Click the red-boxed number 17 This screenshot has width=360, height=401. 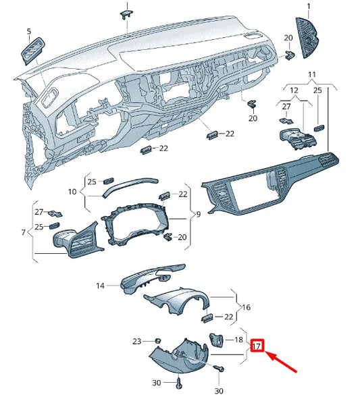257,347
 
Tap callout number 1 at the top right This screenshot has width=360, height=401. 309,6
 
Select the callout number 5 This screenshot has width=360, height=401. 29,31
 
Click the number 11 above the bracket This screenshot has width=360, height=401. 312,74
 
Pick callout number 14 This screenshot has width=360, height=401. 100,286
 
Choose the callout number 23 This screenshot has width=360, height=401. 137,341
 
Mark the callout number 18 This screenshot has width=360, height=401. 237,340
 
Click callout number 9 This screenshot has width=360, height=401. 198,214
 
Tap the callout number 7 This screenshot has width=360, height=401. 23,233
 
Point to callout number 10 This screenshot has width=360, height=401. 74,192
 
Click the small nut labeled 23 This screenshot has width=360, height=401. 155,340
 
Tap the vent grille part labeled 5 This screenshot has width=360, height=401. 32,52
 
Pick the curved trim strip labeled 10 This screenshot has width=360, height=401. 130,185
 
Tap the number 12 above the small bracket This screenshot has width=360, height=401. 294,90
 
